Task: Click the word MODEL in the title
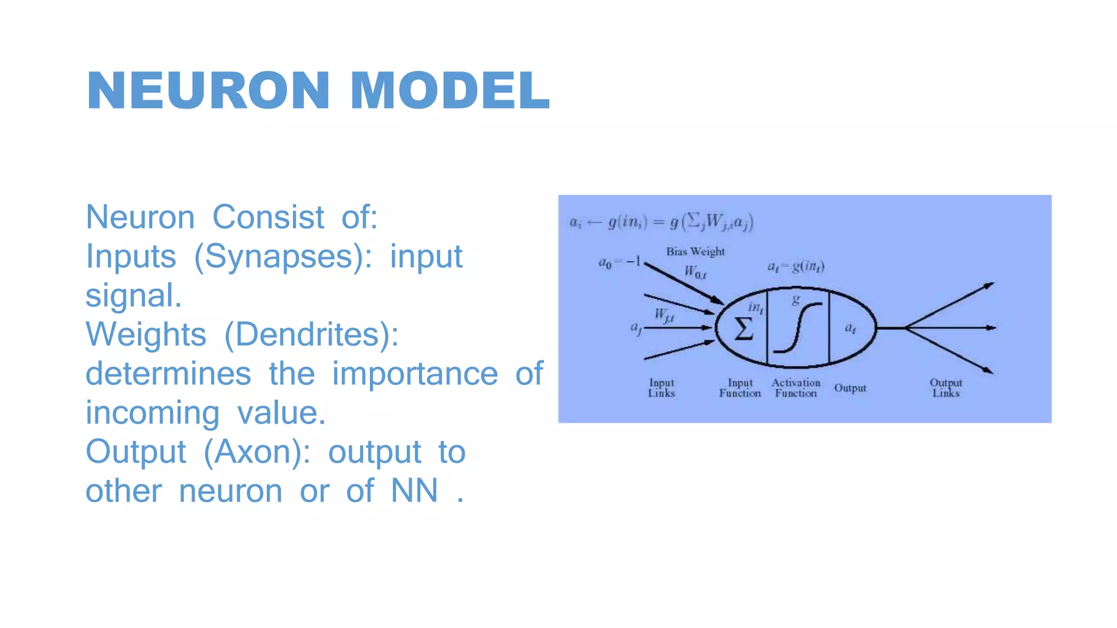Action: [x=449, y=90]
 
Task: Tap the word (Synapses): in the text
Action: [x=283, y=257]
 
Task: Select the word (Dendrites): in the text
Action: [x=311, y=334]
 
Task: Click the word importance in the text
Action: [x=415, y=373]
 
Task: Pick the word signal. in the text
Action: [x=134, y=295]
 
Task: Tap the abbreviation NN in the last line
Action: [x=415, y=491]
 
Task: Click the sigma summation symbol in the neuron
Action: [x=743, y=329]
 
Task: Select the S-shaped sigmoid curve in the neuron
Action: [x=797, y=328]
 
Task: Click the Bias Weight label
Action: [x=695, y=251]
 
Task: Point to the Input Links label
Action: [x=662, y=388]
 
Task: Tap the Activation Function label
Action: [x=796, y=388]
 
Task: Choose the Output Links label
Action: [x=946, y=388]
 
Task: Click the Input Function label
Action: [x=740, y=388]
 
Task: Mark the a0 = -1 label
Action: [x=620, y=262]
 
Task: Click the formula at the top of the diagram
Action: [x=661, y=222]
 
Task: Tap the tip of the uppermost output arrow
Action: [x=993, y=283]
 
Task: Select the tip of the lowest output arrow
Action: [x=992, y=373]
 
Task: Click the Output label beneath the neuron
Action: [x=850, y=388]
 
